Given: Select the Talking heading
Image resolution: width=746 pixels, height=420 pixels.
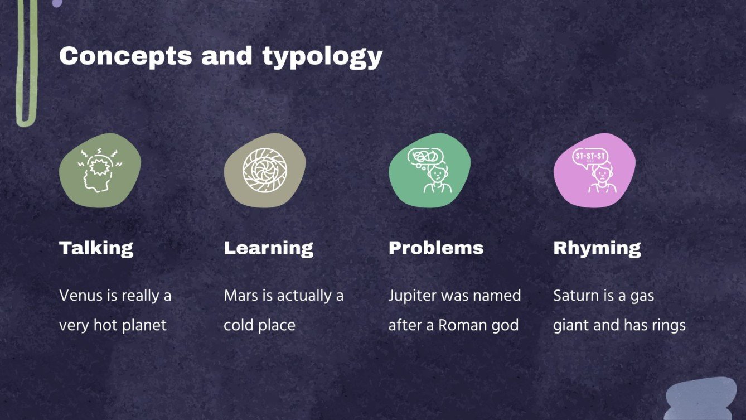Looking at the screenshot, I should coord(96,248).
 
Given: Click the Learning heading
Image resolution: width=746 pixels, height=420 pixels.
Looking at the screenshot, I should coord(268,248).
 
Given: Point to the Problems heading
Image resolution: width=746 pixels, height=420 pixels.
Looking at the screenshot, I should coord(435,248).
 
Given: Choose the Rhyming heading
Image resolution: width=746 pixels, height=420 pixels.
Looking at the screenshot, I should coord(597,248).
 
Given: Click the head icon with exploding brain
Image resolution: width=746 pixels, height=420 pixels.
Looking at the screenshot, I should coord(100,170).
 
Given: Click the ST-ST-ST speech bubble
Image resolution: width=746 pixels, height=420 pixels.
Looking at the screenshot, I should coord(590,157).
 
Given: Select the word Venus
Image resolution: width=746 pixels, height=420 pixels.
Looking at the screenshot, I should coord(79,296).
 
